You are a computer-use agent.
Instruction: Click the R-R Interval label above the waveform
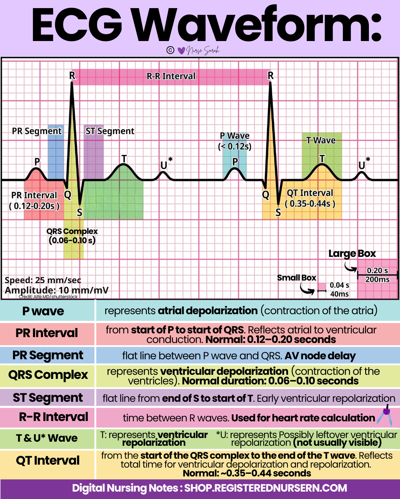[x=171, y=76]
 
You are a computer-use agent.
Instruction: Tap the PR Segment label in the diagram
[x=37, y=131]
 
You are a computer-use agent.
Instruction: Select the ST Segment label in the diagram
[x=110, y=131]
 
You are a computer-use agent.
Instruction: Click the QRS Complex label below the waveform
[x=72, y=231]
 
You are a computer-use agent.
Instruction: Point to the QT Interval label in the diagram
[x=310, y=193]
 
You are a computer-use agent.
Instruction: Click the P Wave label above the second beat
[x=235, y=136]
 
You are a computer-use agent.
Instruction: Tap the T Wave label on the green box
[x=321, y=140]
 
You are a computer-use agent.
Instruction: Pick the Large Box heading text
[x=352, y=254]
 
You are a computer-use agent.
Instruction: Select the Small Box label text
[x=296, y=278]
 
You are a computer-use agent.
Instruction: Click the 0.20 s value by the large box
[x=377, y=271]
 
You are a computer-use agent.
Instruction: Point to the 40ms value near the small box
[x=339, y=294]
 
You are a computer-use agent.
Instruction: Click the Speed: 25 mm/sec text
[x=43, y=280]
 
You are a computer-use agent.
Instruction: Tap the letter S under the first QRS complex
[x=80, y=213]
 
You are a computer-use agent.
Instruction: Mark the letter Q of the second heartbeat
[x=266, y=195]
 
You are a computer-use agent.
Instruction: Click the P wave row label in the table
[x=43, y=311]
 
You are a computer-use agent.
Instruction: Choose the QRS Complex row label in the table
[x=48, y=375]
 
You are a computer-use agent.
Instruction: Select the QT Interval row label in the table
[x=48, y=461]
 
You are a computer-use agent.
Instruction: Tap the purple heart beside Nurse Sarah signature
[x=181, y=51]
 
